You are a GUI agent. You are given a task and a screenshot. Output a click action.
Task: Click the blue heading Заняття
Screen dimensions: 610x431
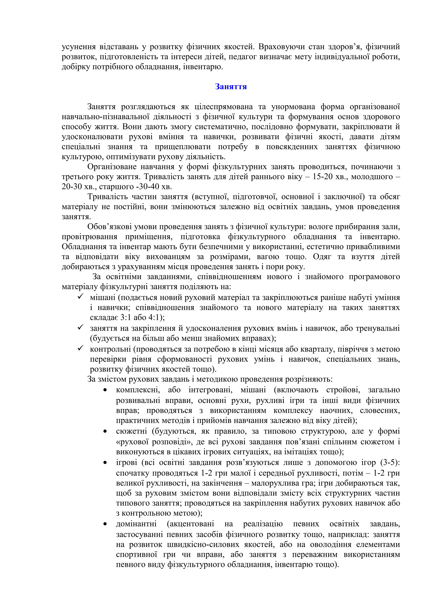click(x=231, y=87)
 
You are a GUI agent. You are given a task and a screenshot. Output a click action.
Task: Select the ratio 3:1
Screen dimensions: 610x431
click(x=128, y=317)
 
